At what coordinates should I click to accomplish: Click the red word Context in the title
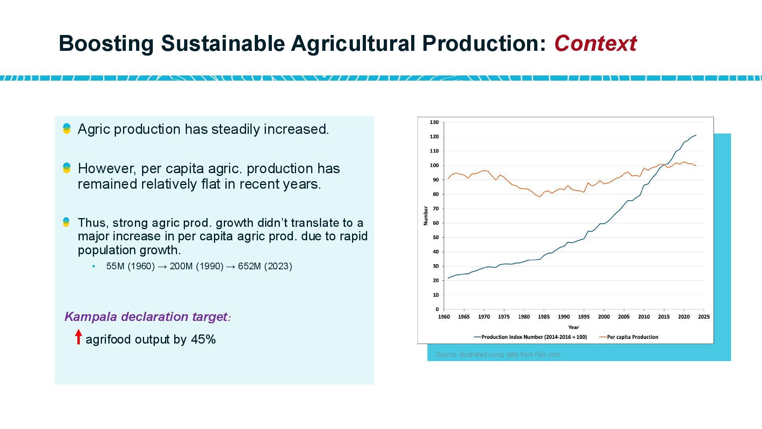(x=595, y=43)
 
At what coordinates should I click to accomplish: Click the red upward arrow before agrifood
(x=79, y=337)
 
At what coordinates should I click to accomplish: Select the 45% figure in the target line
(x=203, y=339)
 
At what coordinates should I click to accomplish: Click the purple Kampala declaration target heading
(x=147, y=317)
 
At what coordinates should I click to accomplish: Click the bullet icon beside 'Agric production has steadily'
(x=67, y=129)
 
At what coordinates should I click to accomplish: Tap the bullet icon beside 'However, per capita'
(x=67, y=168)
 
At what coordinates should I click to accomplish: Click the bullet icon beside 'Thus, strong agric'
(x=66, y=222)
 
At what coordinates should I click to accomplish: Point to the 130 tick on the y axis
(x=434, y=122)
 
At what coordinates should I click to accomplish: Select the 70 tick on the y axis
(x=435, y=209)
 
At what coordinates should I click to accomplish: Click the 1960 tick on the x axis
(x=444, y=317)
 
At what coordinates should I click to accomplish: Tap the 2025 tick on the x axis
(x=704, y=317)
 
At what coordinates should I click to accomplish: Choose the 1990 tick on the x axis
(x=564, y=317)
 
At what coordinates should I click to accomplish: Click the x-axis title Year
(x=573, y=327)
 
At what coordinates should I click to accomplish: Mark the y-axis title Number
(x=426, y=216)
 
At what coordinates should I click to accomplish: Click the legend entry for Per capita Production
(x=632, y=337)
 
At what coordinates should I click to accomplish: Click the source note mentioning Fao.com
(x=497, y=354)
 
